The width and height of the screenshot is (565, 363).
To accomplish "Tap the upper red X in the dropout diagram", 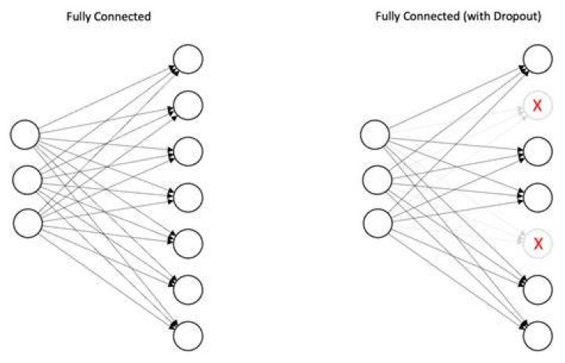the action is tap(538, 106).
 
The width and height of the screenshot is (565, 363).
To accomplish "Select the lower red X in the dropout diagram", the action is tap(538, 244).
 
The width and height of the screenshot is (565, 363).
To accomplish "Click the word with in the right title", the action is tap(479, 16).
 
